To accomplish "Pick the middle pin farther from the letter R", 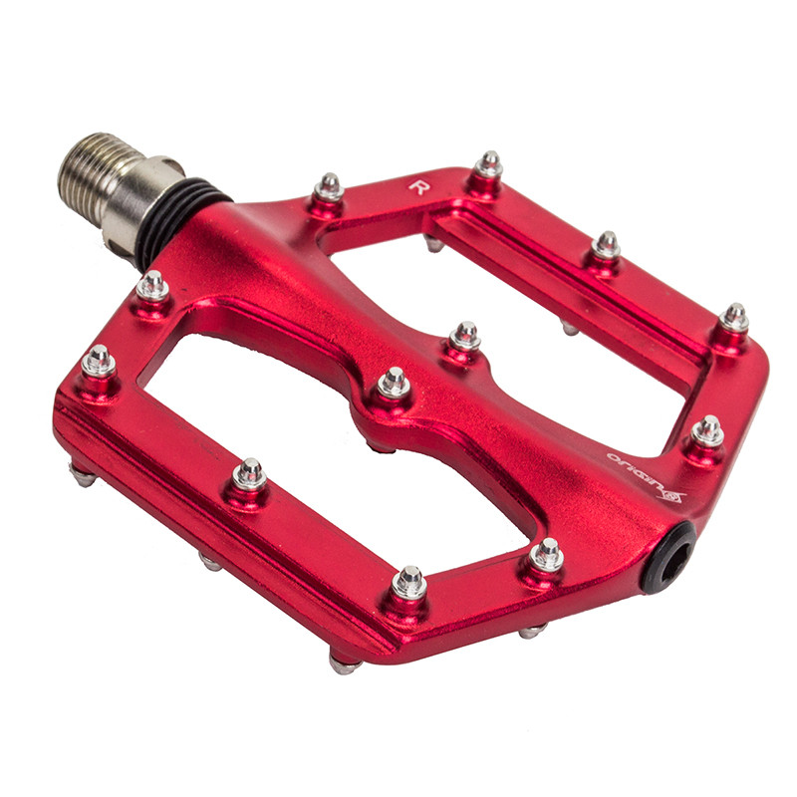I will [x=395, y=382].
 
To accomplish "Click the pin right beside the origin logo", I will [x=708, y=430].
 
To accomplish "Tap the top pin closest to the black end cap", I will [x=547, y=554].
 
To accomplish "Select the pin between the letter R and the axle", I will [x=329, y=186].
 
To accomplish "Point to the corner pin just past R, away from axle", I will [x=488, y=163].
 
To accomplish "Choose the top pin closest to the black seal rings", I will [x=152, y=286].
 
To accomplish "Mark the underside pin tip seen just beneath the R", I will [x=434, y=243].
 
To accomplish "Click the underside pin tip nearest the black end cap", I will [x=532, y=631].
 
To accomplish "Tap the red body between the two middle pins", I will [x=429, y=360].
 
